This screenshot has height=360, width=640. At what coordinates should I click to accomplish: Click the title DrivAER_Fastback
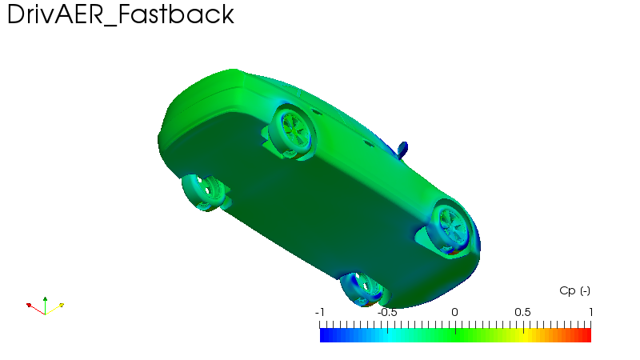tap(121, 14)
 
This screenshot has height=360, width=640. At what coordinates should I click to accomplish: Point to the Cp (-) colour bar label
tap(574, 290)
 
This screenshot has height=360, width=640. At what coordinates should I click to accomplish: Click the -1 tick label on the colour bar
tap(319, 312)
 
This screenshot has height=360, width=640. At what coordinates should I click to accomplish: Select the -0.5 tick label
tap(387, 312)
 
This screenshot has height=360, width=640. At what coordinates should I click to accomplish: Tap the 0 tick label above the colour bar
tap(454, 312)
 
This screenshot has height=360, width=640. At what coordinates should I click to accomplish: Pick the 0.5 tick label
tap(522, 312)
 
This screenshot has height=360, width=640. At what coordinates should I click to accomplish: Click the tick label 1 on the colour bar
tap(590, 312)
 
